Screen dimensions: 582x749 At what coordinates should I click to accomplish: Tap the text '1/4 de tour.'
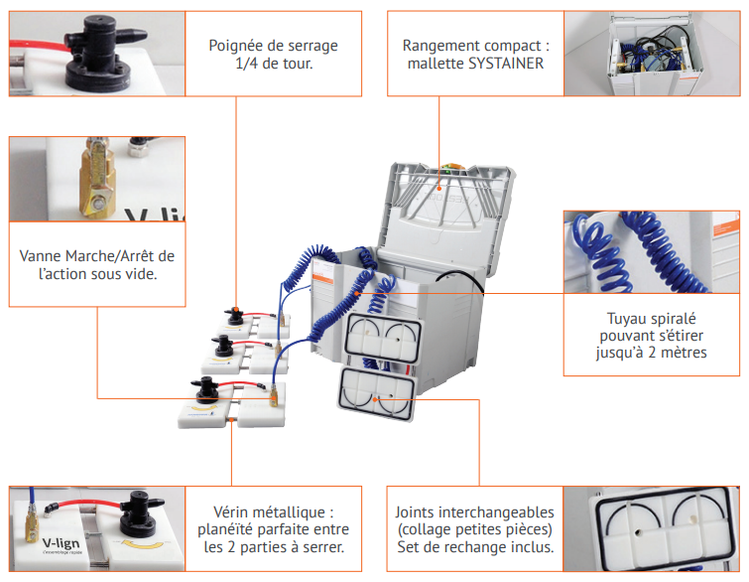[x=273, y=65]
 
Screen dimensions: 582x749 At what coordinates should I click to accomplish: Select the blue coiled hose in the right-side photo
[x=635, y=258]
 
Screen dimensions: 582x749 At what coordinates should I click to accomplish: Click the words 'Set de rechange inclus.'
[x=474, y=546]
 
